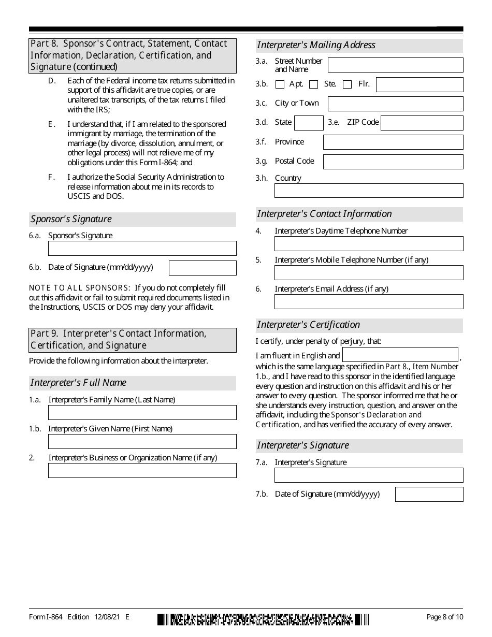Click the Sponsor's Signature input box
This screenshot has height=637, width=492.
142,248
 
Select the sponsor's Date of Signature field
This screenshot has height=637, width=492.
202,268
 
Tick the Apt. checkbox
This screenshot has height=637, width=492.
280,84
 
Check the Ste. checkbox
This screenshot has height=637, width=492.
313,84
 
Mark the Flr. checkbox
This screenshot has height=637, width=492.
348,84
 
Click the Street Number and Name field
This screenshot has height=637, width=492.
395,65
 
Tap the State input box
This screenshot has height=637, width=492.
309,123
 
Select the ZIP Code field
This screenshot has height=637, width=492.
422,123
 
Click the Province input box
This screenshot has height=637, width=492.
393,142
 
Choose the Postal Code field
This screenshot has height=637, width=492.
393,162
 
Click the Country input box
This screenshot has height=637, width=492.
369,191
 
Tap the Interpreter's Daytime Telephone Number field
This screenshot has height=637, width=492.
369,243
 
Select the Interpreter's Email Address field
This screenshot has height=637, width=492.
369,301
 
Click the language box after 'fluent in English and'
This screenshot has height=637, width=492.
400,355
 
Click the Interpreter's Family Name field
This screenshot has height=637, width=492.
142,412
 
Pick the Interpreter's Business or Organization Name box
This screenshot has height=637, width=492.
142,470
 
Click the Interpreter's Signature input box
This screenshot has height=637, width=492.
369,475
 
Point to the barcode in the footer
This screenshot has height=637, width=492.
263,619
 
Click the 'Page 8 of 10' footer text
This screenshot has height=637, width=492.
444,617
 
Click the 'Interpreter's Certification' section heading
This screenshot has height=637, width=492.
309,325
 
